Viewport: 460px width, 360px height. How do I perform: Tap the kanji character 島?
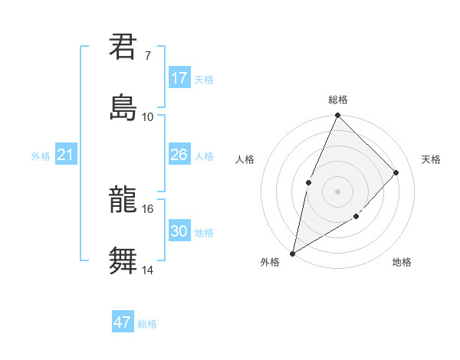click(123, 106)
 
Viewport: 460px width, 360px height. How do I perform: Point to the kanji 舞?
click(123, 260)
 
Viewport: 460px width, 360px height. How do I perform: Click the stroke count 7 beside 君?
click(147, 55)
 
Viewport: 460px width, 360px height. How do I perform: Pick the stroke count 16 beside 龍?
click(147, 208)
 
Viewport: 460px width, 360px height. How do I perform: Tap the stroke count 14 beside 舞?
click(147, 270)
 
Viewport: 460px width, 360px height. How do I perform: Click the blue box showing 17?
click(179, 78)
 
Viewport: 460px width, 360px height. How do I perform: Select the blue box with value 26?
click(179, 155)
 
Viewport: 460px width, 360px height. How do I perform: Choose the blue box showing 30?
click(179, 232)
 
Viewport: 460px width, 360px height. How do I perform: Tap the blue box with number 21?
click(66, 155)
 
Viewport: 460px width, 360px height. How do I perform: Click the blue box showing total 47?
click(123, 322)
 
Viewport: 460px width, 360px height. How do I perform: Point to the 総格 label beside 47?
click(147, 324)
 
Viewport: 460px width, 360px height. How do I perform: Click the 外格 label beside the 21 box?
click(41, 156)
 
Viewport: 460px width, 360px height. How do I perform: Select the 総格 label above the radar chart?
click(338, 100)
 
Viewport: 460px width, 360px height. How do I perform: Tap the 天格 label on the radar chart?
click(431, 159)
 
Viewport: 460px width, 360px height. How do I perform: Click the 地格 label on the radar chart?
click(402, 262)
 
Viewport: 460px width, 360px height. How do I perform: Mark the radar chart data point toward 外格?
click(292, 253)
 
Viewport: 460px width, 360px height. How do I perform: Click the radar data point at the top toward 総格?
click(337, 116)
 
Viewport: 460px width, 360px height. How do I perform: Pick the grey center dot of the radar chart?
click(337, 191)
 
